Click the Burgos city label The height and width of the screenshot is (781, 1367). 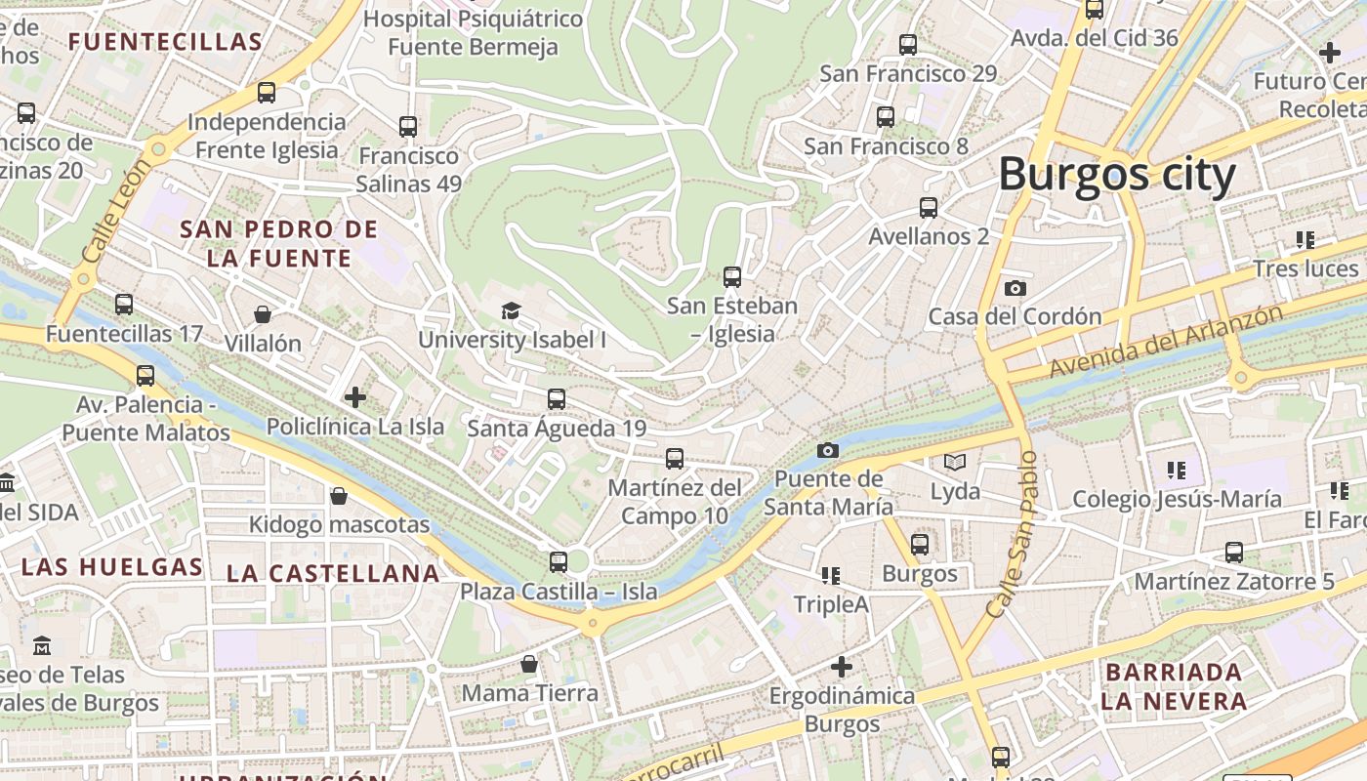[x=1116, y=176]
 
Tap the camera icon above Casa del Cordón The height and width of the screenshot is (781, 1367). [x=1015, y=288]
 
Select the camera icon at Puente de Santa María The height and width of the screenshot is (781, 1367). [x=828, y=450]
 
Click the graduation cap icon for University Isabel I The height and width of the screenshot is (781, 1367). [x=511, y=310]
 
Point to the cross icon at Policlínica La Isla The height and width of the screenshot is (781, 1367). [x=355, y=396]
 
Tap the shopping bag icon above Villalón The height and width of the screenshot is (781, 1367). [x=263, y=313]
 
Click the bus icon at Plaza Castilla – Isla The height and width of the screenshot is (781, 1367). [x=558, y=561]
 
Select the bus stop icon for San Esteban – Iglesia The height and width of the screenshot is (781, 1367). [x=732, y=276]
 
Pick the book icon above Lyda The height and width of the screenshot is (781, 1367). [x=954, y=462]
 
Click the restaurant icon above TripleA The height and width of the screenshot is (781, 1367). [x=831, y=575]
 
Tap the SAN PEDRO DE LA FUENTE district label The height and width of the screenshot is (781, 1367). [x=279, y=243]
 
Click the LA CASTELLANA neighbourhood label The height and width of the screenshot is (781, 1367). [x=333, y=573]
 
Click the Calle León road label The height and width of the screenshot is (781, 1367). [x=105, y=213]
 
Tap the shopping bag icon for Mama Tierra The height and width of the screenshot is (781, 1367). [x=528, y=664]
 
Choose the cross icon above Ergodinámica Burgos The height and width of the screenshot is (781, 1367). [x=842, y=667]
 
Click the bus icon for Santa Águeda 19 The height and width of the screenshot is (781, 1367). [x=556, y=398]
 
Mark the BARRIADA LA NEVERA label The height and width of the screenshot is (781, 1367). [x=1174, y=686]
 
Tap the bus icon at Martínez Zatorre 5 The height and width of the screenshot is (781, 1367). [x=1234, y=553]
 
